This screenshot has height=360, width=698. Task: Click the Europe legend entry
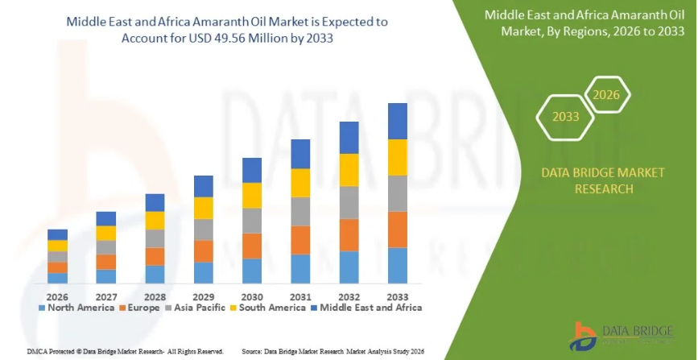[139, 307]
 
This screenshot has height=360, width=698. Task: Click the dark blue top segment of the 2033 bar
[397, 121]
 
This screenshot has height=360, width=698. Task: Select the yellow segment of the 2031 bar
[300, 183]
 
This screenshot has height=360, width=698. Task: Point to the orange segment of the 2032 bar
[349, 234]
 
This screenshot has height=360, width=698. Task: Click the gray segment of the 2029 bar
[204, 230]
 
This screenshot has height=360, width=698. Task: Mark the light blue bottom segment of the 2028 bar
[155, 274]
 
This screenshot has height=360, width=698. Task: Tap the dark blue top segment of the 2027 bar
[106, 218]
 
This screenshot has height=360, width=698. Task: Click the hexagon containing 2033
[565, 117]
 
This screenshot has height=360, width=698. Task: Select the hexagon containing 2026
[605, 95]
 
